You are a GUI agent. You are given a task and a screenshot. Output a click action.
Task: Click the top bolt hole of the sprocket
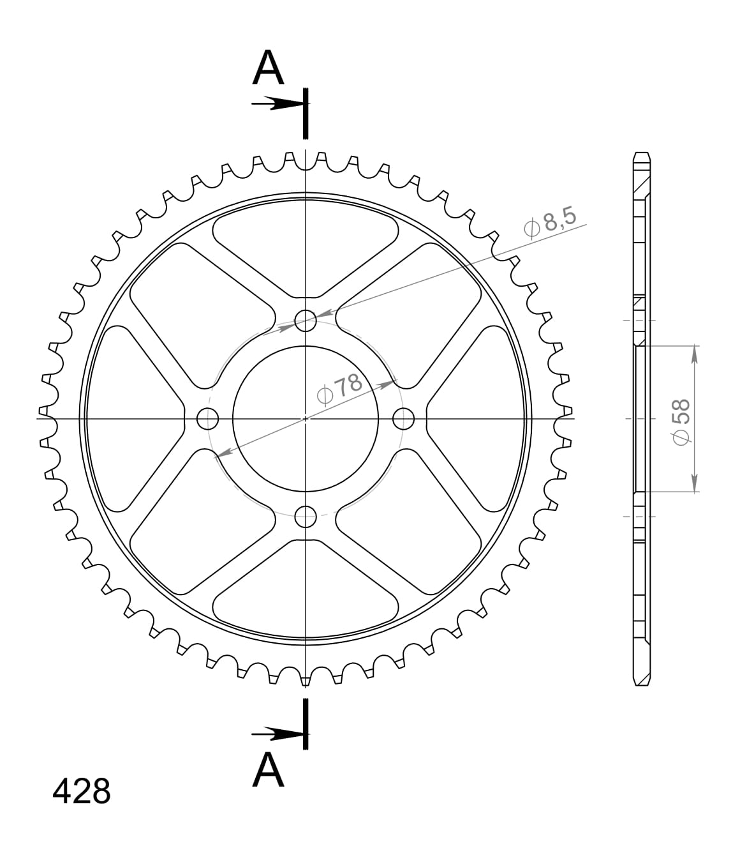point(306,321)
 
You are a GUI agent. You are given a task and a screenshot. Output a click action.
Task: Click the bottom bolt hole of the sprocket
point(306,517)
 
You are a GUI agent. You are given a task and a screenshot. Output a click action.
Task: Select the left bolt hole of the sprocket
point(208,419)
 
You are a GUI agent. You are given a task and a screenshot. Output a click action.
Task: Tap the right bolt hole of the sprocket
point(404,419)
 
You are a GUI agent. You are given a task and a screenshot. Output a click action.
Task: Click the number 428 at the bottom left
point(82,792)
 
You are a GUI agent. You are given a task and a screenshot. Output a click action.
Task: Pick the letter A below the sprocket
point(268,770)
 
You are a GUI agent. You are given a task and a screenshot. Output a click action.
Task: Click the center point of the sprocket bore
point(306,419)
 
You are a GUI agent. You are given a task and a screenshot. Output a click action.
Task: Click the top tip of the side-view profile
point(642,155)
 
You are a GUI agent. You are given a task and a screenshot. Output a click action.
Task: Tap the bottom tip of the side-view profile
point(642,683)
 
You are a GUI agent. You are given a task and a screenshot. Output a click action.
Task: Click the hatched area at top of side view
point(641,185)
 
